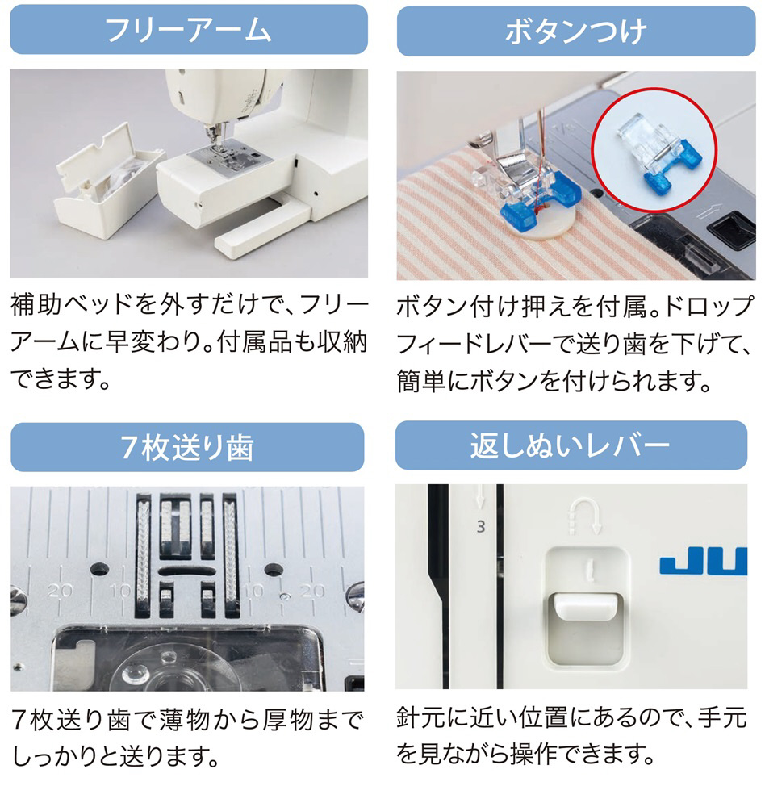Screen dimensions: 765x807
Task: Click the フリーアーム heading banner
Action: point(188,29)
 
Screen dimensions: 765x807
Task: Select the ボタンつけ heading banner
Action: point(576,31)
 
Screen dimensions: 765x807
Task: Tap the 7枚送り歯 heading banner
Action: point(187,447)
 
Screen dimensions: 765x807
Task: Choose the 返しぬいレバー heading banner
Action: point(571,445)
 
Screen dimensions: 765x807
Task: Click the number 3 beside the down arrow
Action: point(481,527)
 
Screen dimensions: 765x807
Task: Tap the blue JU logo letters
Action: point(703,561)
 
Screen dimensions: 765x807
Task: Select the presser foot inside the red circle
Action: point(655,153)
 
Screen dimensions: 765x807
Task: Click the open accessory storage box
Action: point(108,182)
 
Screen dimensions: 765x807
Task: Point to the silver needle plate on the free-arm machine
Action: point(230,157)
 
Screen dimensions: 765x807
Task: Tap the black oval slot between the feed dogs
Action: point(187,571)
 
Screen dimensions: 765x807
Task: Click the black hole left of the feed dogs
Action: point(99,569)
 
